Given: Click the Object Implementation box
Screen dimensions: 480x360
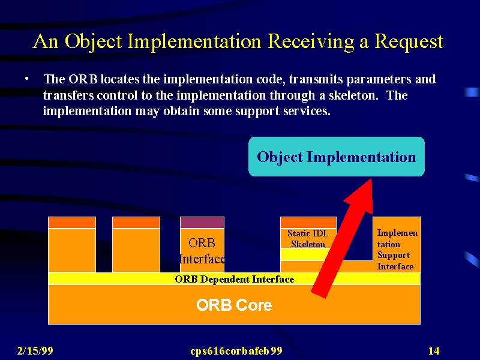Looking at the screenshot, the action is (337, 157).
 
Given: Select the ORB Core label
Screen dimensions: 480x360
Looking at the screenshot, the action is (234, 305).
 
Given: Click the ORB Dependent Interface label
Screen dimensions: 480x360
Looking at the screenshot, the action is (235, 279).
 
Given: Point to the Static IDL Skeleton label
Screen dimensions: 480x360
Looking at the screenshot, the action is (308, 239).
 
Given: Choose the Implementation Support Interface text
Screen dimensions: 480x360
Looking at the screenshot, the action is (397, 250).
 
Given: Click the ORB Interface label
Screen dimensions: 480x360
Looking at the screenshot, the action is (202, 251).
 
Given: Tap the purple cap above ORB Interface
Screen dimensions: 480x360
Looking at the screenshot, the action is (202, 223).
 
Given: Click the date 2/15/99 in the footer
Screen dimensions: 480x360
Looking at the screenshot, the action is (35, 350).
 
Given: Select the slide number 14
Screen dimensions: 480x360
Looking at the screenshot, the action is (434, 350).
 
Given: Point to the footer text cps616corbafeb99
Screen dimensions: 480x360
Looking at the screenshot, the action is (236, 351).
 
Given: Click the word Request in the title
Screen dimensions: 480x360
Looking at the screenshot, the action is (409, 41).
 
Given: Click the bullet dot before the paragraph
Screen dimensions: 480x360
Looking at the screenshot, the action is (27, 79).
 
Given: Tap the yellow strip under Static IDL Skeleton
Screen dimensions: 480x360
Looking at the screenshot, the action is (305, 254).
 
